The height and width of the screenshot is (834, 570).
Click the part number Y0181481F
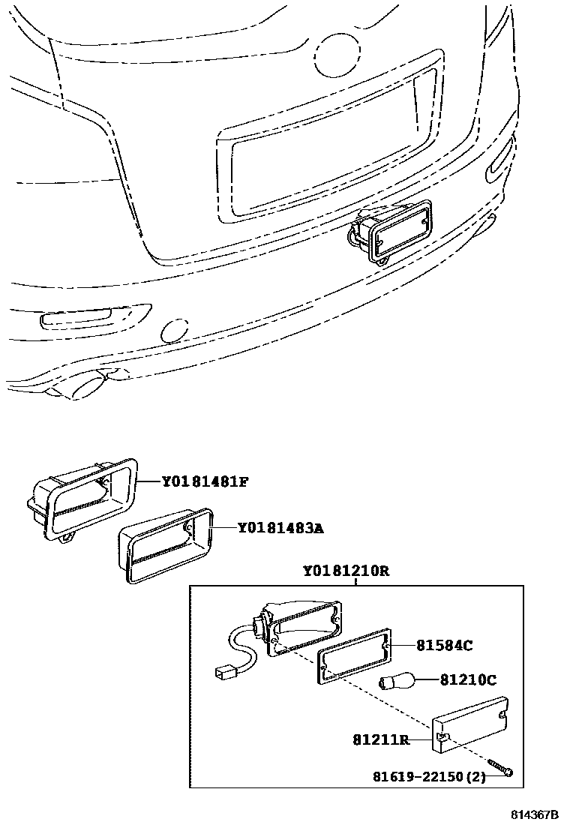click(205, 481)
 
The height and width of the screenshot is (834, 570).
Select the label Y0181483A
click(280, 529)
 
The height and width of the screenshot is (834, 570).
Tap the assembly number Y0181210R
click(346, 571)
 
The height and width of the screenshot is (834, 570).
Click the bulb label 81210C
click(468, 680)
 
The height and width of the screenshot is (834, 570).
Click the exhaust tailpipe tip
click(85, 388)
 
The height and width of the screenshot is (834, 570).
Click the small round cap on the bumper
click(175, 331)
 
